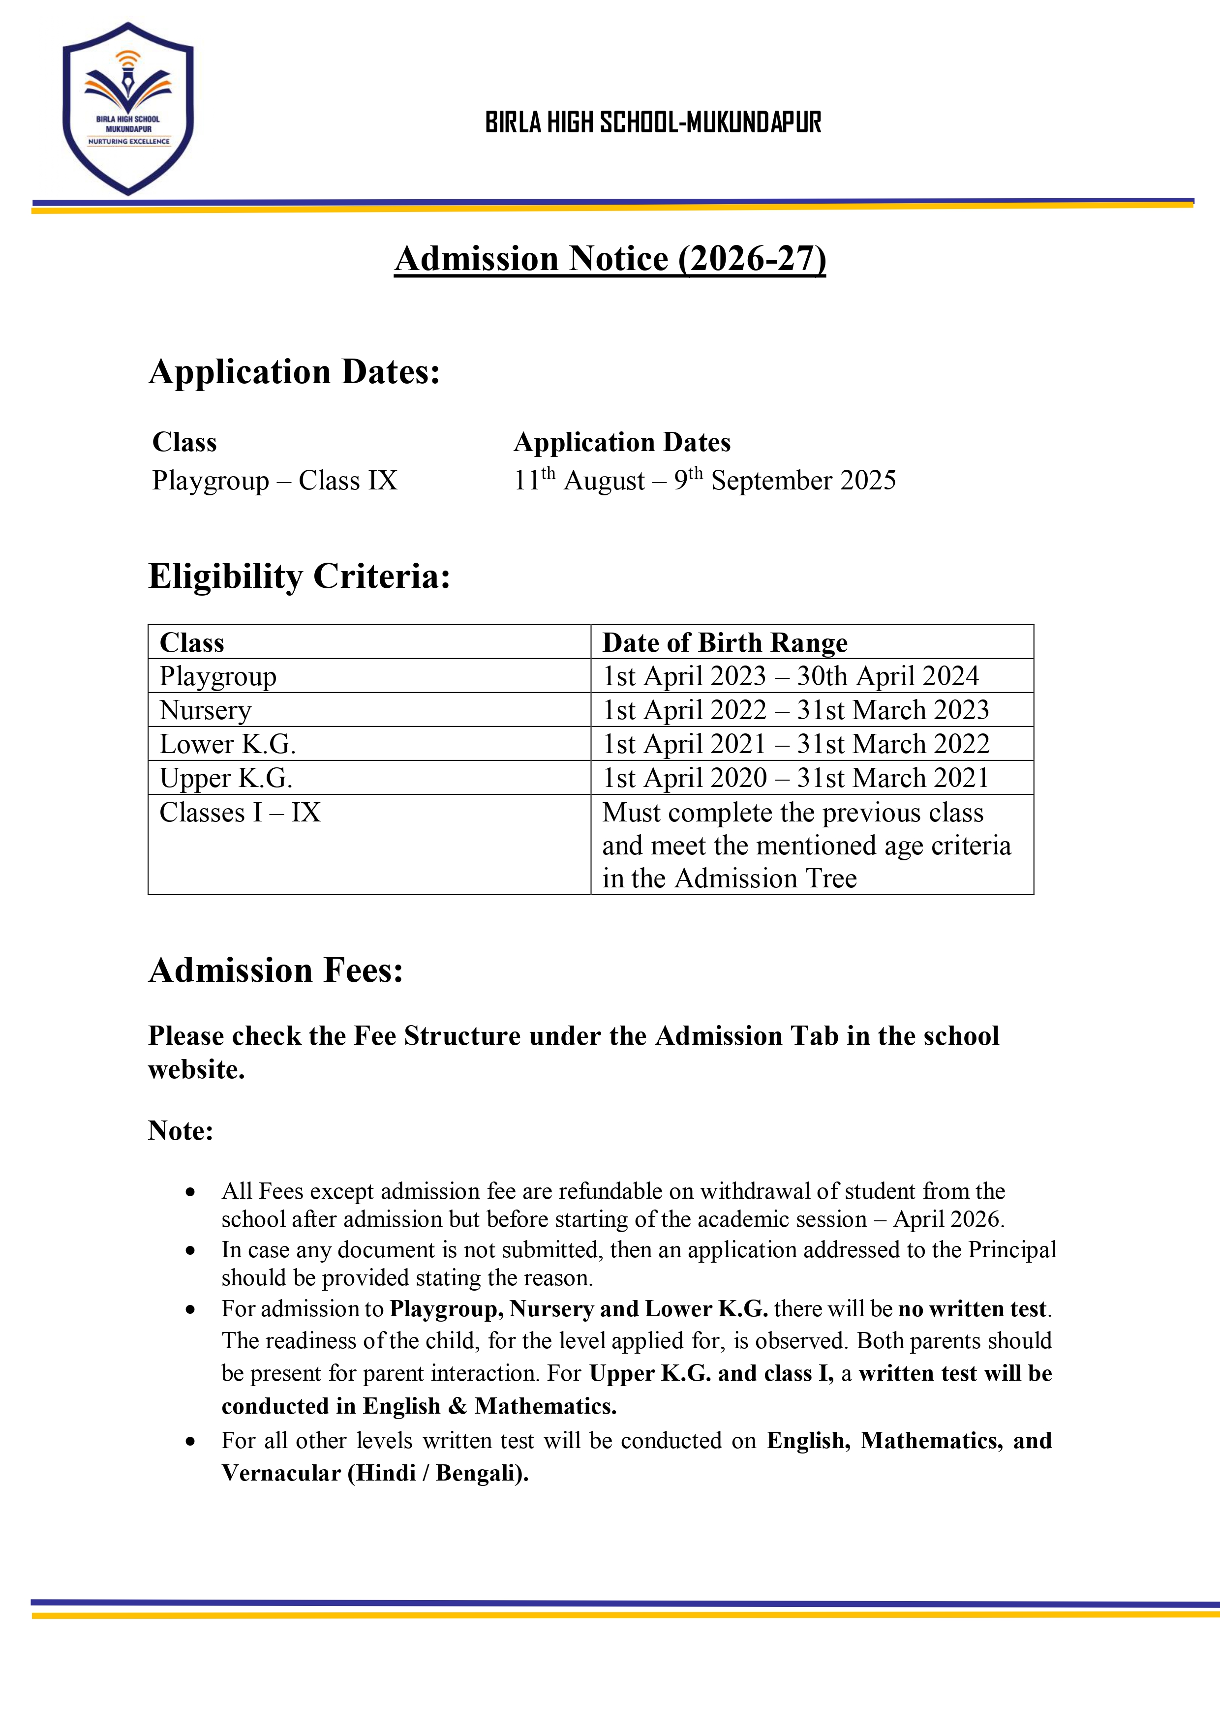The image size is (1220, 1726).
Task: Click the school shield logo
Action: click(x=128, y=109)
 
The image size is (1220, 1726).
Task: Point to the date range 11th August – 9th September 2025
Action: click(x=704, y=481)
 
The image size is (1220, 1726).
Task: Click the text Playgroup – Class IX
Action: click(x=274, y=481)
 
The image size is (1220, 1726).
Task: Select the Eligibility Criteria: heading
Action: click(x=299, y=576)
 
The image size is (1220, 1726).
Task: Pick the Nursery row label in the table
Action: click(x=205, y=710)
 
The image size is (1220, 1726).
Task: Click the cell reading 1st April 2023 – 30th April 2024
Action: click(x=790, y=676)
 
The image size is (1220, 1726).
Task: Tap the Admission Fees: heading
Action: click(x=276, y=970)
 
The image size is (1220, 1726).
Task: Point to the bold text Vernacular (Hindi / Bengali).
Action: click(x=374, y=1473)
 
